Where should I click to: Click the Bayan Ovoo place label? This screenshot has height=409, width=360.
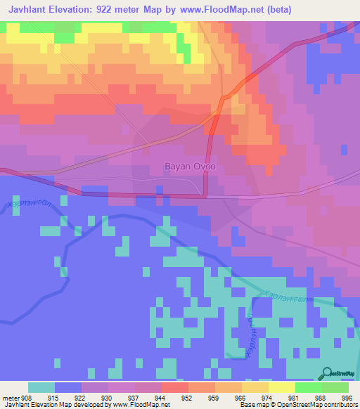[x=190, y=167]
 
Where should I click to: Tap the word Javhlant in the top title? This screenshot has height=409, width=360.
[x=29, y=10]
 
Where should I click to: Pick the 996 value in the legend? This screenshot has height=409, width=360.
[x=347, y=397]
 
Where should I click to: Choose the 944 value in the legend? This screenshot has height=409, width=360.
[x=160, y=397]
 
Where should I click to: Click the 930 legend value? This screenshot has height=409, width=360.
[x=106, y=397]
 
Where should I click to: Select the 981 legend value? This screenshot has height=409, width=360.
[x=294, y=397]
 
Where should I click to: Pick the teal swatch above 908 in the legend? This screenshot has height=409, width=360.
[x=41, y=387]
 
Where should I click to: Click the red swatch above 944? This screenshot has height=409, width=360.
[x=174, y=387]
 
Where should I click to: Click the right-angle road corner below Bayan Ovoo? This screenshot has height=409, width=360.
[x=205, y=196]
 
